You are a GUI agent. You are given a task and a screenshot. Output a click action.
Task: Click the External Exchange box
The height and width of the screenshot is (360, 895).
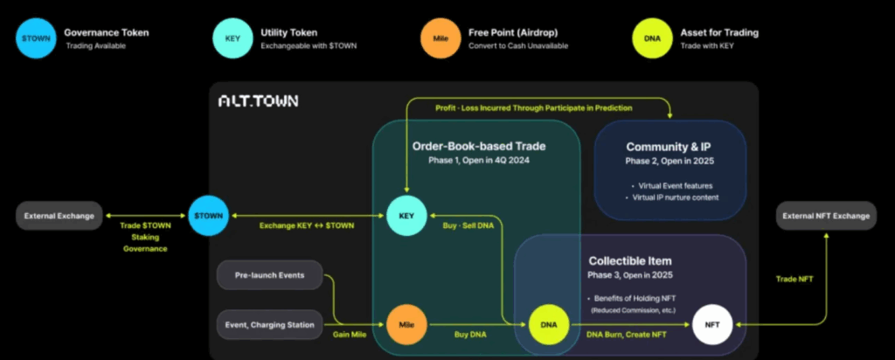coord(59,216)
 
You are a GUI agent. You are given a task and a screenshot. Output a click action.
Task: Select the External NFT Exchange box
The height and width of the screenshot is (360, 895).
coord(826,216)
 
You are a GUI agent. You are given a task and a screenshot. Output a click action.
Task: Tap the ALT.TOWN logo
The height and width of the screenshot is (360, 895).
coord(258,101)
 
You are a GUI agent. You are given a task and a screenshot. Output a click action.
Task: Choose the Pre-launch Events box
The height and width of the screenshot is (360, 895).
coord(269,275)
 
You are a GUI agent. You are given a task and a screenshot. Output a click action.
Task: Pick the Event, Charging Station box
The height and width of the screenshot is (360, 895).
coord(269,325)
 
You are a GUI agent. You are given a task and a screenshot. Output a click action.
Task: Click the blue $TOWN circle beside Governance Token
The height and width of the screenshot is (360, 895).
coord(35,38)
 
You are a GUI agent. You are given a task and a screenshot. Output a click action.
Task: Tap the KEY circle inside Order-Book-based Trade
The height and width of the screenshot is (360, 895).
coord(406,216)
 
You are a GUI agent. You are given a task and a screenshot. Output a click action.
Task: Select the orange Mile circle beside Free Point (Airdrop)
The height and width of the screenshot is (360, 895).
coord(441,38)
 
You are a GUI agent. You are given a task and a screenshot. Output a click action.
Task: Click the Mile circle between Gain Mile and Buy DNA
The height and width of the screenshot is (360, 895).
coord(406,325)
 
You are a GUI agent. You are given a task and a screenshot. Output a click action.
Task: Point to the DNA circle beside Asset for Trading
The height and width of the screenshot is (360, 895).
coord(652,38)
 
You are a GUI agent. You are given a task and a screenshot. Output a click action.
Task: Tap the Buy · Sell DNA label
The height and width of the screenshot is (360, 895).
coord(467,225)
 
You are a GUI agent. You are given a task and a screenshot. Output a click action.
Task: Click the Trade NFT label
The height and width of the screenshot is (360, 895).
coord(794,280)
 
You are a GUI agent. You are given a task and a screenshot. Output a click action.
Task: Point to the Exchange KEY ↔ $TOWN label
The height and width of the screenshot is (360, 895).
coord(306,225)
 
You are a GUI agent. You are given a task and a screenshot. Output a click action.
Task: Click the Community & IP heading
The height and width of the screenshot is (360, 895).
coord(670,147)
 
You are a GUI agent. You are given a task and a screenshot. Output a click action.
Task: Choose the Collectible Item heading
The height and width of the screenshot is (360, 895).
coord(629,261)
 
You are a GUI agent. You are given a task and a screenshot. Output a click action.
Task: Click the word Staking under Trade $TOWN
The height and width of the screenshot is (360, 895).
coord(145,237)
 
